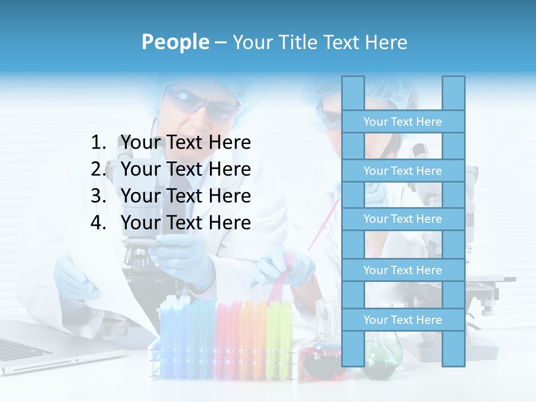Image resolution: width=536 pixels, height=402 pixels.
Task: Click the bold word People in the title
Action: click(x=175, y=42)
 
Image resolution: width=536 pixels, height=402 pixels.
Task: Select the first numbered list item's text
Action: click(x=185, y=143)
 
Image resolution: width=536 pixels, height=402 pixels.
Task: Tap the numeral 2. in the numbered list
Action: click(x=99, y=169)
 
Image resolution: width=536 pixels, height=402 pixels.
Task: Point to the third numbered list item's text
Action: click(x=185, y=196)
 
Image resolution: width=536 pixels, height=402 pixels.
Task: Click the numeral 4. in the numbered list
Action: click(x=99, y=223)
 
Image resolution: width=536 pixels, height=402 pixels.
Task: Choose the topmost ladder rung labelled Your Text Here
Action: click(x=403, y=122)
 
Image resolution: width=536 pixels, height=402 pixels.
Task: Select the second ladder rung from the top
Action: click(x=403, y=171)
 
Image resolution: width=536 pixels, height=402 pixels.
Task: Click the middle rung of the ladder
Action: click(x=403, y=219)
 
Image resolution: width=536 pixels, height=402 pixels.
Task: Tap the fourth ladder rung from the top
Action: click(x=403, y=270)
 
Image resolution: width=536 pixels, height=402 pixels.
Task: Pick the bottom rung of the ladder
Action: click(x=403, y=320)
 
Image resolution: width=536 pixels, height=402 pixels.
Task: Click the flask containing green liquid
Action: click(x=381, y=357)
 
